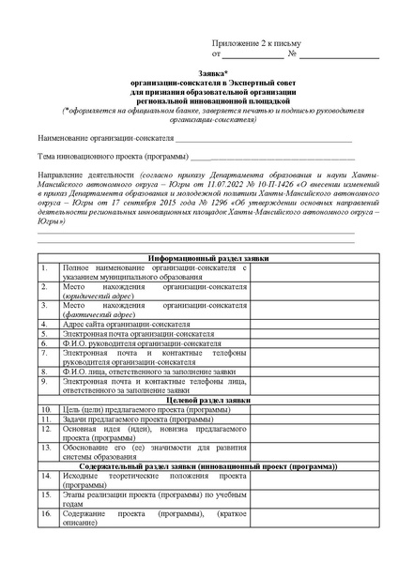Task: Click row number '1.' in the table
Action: click(44, 267)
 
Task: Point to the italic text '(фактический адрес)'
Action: click(95, 314)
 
